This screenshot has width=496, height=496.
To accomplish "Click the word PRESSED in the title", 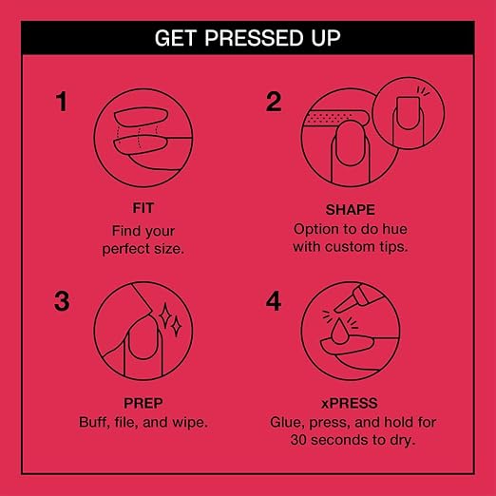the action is point(255,38).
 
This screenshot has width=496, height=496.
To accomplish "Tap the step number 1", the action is point(62,102).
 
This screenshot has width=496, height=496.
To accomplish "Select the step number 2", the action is point(274,102).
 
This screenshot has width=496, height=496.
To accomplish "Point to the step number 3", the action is point(62,301).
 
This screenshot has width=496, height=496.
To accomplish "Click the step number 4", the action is point(274,301).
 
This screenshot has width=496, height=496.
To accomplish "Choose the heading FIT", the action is point(143,208).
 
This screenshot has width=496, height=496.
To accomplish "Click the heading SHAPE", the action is point(351,210).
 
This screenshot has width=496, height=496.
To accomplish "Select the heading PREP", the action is point(143,403).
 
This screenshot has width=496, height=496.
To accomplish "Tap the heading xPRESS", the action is point(350,403).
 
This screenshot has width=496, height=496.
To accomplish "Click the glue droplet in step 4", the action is point(338,332).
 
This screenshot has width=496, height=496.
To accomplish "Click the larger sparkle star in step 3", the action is point(165,315).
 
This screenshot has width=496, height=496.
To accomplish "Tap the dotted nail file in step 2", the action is point(336,118).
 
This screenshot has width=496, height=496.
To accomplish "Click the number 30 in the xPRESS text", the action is point(298,440).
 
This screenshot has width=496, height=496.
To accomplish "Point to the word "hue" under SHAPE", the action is point(394,229).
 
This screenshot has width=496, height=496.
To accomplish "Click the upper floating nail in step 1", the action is point(141,117).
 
